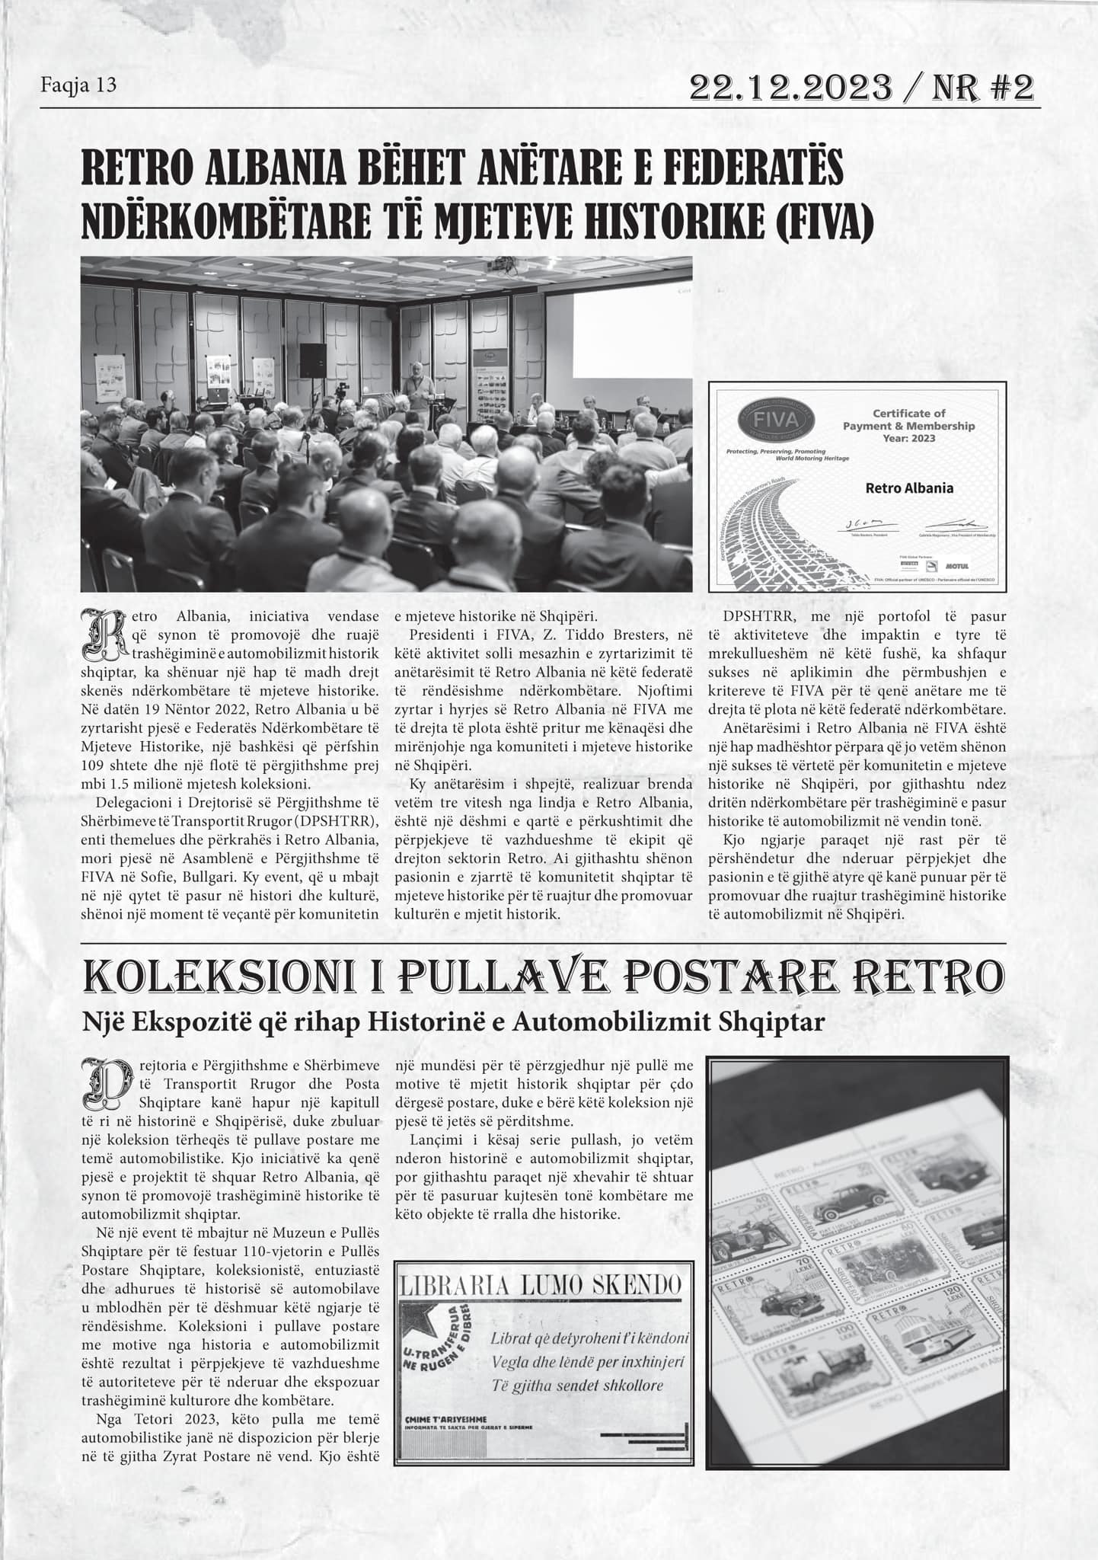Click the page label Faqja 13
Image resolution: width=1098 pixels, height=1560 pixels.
coord(78,85)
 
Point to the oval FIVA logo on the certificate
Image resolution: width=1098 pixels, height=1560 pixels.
coord(778,420)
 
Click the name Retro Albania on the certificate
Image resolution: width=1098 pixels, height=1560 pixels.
coord(909,488)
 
